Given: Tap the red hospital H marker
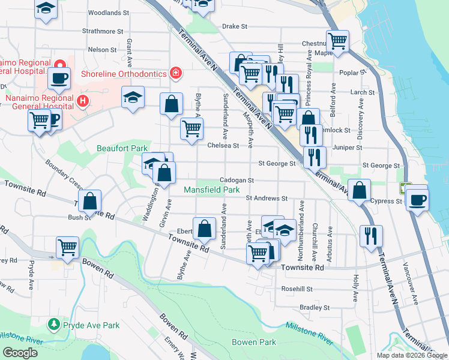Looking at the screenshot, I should [83, 101].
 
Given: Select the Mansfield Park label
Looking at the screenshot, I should [211, 190].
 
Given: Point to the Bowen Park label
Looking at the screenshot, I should [254, 342].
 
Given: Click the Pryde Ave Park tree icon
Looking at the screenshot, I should [53, 325].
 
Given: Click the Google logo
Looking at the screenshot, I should [20, 353].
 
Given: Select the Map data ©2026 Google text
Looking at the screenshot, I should [411, 355].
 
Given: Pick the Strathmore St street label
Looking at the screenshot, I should [103, 31].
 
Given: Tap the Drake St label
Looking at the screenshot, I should [235, 26].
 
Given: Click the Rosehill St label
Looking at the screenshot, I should [298, 289].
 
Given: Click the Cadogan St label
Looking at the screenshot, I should [237, 180].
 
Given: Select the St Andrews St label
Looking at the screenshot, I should [267, 198].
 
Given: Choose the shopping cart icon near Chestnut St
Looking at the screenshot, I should [337, 41].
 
